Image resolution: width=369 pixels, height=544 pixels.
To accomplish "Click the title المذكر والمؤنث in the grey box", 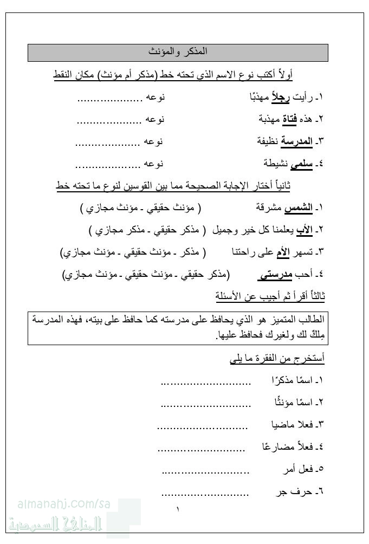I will click(178, 53).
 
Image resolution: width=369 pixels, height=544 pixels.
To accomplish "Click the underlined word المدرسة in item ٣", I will click(298, 141).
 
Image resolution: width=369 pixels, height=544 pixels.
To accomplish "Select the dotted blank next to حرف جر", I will click(205, 494).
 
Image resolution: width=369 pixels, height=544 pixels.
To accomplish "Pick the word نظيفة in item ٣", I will click(269, 141).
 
